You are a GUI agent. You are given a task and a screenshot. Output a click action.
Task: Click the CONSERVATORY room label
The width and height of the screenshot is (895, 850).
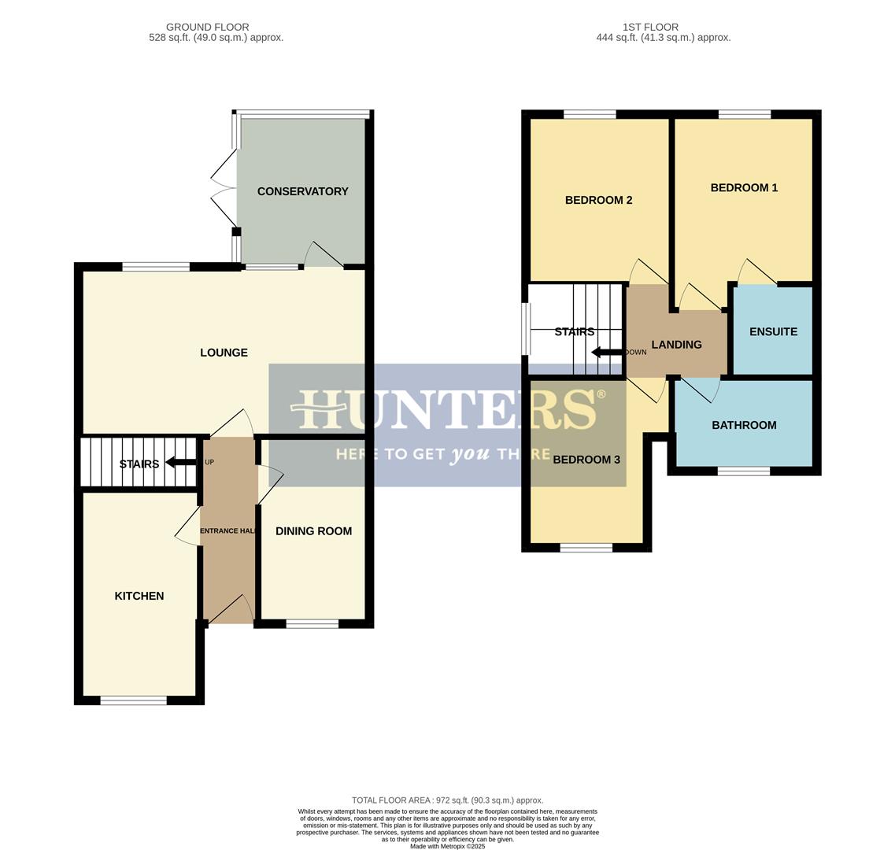(x=302, y=191)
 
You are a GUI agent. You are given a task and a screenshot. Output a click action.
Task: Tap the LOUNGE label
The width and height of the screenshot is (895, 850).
(x=224, y=353)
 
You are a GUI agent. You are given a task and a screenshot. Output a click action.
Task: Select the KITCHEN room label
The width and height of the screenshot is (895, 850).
(x=139, y=596)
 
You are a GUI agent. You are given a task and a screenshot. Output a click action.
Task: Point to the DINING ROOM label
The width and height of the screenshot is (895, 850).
(x=313, y=531)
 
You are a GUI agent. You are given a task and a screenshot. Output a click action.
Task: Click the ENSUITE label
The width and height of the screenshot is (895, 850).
(x=773, y=332)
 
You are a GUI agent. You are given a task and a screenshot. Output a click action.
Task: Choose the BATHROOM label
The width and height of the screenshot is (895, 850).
(x=744, y=425)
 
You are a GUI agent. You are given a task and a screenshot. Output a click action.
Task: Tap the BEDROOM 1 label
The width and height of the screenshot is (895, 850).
(x=744, y=187)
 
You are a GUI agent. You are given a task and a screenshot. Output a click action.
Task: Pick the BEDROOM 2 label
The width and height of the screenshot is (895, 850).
(x=598, y=200)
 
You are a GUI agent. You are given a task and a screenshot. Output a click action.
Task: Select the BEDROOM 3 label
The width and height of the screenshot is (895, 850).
(x=586, y=460)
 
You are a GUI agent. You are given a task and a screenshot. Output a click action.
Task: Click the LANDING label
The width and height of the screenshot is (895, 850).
(x=676, y=345)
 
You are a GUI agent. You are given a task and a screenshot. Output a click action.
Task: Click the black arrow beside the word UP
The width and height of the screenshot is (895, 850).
(x=181, y=463)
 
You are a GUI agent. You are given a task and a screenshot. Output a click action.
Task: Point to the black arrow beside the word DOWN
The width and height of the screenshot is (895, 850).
(x=606, y=352)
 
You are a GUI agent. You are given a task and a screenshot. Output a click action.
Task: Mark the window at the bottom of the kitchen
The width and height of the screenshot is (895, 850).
(x=133, y=700)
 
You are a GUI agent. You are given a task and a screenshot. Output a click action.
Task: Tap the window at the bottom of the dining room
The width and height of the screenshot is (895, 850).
(x=312, y=624)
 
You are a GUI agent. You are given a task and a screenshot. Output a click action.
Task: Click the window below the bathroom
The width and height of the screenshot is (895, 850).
(x=743, y=471)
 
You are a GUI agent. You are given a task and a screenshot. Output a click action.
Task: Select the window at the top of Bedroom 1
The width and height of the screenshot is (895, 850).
(x=744, y=115)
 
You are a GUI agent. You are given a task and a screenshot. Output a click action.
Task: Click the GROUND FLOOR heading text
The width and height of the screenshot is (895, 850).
(x=207, y=27)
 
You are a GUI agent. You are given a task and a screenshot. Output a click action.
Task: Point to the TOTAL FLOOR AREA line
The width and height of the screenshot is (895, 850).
(x=447, y=800)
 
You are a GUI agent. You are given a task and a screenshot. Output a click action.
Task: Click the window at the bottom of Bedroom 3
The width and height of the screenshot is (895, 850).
(x=586, y=548)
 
